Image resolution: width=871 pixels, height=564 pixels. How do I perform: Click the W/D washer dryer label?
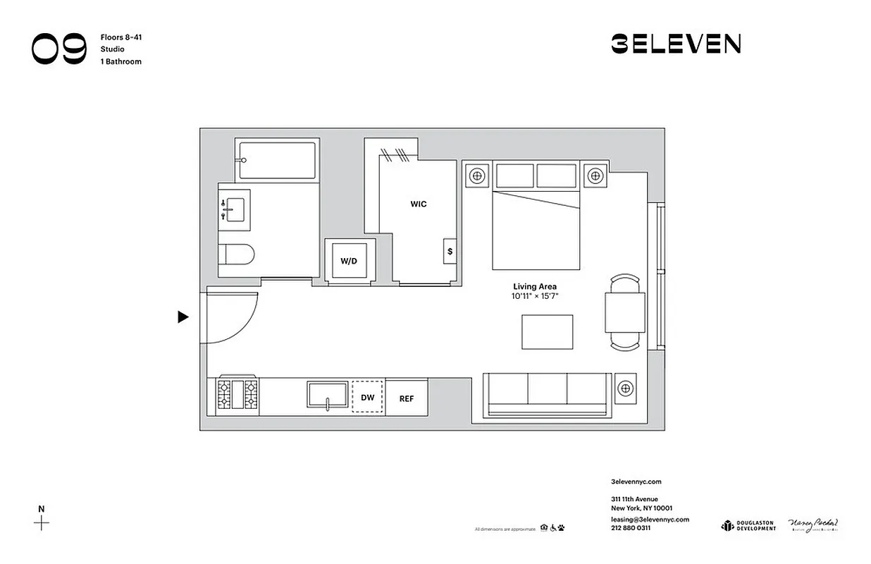(x=349, y=261)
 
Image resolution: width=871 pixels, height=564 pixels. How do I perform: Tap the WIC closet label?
(x=419, y=204)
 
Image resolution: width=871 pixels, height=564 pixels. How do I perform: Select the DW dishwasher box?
(x=368, y=398)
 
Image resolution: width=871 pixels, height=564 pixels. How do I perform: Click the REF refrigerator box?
(x=407, y=398)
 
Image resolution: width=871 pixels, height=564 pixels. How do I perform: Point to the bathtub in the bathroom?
(x=277, y=161)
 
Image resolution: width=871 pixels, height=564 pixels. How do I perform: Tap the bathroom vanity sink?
(x=233, y=209)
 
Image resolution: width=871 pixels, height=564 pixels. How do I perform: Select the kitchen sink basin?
(x=328, y=395)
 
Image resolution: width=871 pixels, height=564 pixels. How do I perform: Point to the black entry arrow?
(x=183, y=317)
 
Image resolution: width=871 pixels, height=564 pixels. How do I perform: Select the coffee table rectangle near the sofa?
(x=547, y=332)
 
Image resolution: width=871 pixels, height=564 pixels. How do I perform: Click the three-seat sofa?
(x=547, y=393)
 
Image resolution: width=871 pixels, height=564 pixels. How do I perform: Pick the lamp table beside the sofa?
(x=625, y=388)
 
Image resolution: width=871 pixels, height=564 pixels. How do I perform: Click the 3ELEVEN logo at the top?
(x=675, y=44)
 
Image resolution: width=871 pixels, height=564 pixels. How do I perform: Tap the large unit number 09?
(x=59, y=49)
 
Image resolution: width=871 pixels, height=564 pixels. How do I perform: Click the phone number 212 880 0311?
(x=631, y=527)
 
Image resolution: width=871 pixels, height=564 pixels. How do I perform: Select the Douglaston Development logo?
(x=748, y=526)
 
